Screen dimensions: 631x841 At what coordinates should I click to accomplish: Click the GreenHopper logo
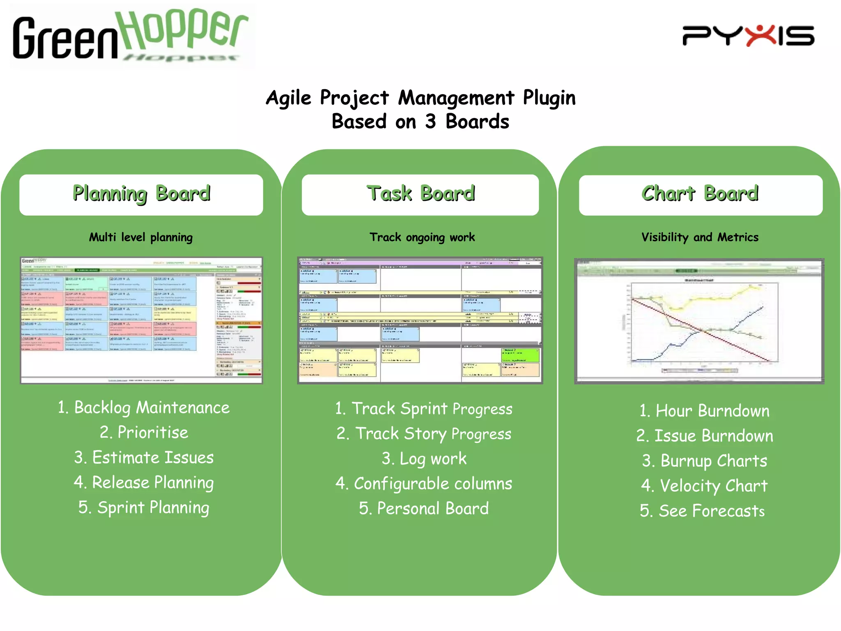tap(131, 36)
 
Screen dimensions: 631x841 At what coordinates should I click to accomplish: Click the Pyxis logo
tap(748, 36)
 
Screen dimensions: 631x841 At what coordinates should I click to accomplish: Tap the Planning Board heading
tap(141, 194)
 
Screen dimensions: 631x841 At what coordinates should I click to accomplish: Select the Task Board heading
tap(420, 194)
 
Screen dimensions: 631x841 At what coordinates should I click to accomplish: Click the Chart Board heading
tap(700, 194)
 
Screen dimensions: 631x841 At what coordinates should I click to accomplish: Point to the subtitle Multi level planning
tap(141, 237)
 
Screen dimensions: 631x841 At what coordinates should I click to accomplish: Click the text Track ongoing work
tap(422, 237)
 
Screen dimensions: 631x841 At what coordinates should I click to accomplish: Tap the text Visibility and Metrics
tap(700, 237)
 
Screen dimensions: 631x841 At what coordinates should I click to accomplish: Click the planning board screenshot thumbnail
tap(141, 320)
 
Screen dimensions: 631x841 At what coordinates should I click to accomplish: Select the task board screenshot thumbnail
tap(420, 320)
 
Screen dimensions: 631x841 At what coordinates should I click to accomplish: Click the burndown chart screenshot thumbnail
tap(699, 321)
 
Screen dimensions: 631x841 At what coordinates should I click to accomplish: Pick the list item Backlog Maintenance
tap(144, 408)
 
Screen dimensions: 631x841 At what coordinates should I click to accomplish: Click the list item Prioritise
tap(144, 433)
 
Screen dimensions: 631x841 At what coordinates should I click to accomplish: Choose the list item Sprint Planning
tap(144, 508)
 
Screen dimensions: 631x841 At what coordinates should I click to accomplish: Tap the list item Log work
tap(424, 459)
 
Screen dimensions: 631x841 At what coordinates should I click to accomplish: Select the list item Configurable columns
tap(424, 484)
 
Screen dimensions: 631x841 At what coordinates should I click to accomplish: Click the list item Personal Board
tap(424, 509)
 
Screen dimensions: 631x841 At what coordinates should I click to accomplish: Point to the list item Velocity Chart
tap(704, 486)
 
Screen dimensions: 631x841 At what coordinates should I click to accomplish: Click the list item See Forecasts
tap(702, 511)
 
